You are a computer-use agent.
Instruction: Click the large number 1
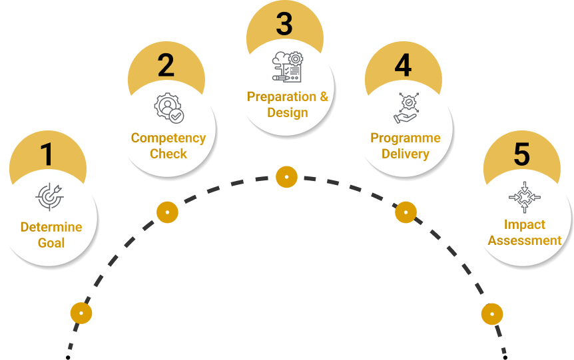47,154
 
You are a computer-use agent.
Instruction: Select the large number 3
284,25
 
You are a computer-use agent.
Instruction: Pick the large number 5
521,154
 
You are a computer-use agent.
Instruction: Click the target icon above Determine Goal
50,196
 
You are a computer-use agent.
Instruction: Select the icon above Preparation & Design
287,67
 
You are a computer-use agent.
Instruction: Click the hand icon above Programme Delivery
406,108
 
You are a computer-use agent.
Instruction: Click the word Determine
51,227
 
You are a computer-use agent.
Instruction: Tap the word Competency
168,138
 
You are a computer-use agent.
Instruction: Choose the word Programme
406,138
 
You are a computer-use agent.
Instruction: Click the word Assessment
525,240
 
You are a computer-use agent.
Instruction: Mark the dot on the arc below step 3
286,177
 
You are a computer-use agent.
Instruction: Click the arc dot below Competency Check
167,212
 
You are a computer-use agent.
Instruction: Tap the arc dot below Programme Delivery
406,212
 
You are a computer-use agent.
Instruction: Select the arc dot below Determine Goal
81,312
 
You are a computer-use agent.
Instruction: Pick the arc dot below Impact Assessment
492,313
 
